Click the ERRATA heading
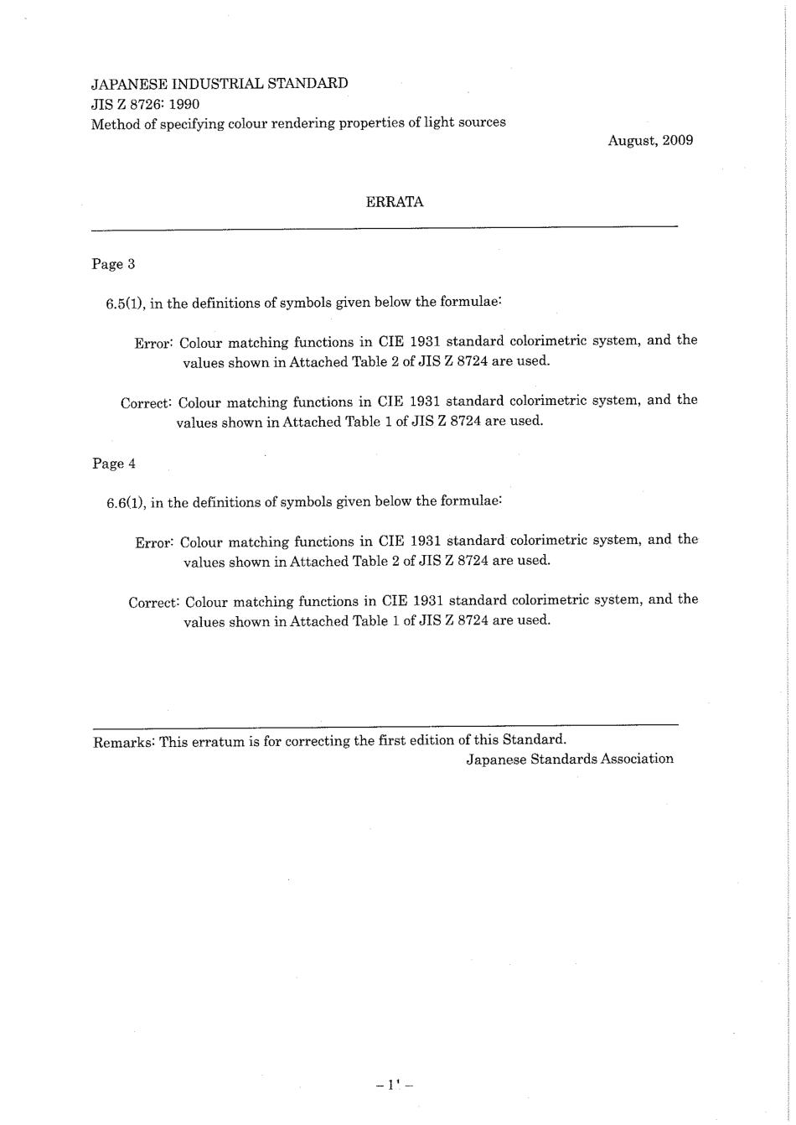(x=395, y=202)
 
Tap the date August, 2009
(x=650, y=140)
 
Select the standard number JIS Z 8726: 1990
(x=145, y=104)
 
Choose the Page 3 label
(x=113, y=264)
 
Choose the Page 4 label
(x=113, y=464)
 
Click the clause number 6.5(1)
(x=126, y=303)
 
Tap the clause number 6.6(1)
(x=126, y=503)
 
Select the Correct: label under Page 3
(x=147, y=403)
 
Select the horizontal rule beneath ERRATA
(x=384, y=227)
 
